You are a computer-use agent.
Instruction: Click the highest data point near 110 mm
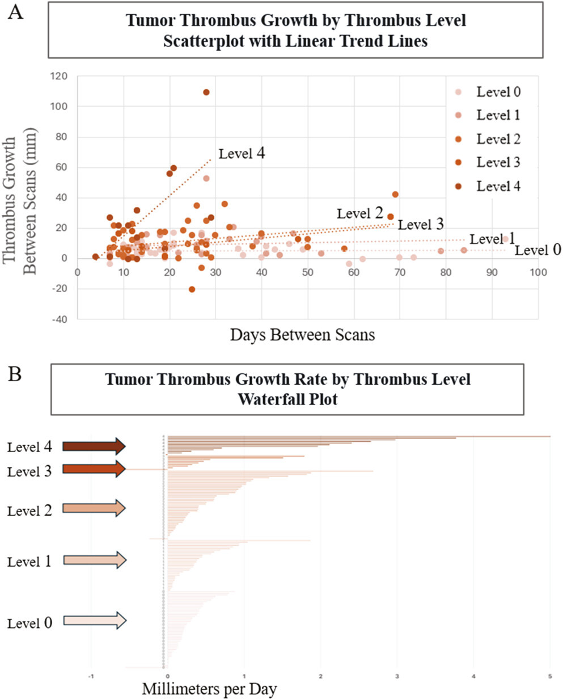click(206, 92)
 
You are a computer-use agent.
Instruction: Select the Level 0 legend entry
click(498, 92)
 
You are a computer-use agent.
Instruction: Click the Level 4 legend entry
click(498, 186)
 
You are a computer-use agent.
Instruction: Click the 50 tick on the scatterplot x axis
click(307, 273)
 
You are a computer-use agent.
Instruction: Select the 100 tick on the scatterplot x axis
click(538, 273)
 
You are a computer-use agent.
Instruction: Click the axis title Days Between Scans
click(302, 335)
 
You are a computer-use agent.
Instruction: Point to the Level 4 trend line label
click(242, 153)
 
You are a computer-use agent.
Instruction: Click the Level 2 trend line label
click(360, 213)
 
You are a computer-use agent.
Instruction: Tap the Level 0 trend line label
click(538, 250)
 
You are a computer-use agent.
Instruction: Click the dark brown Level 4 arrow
click(94, 446)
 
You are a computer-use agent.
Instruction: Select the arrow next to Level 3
click(94, 469)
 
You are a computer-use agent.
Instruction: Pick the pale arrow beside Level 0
click(94, 621)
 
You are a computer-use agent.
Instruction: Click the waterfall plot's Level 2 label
click(29, 511)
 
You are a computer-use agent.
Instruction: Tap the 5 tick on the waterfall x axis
click(549, 676)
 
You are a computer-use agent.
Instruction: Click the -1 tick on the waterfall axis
click(91, 676)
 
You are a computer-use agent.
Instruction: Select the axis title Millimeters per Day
click(209, 689)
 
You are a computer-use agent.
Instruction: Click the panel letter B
click(15, 374)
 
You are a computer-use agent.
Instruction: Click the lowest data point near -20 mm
click(192, 289)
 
